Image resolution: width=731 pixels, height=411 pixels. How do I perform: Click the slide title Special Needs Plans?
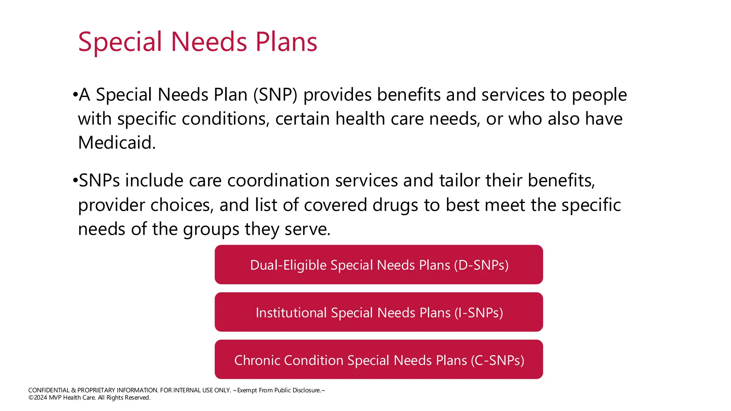click(197, 42)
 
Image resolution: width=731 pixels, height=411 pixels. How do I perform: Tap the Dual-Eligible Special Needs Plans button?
click(378, 265)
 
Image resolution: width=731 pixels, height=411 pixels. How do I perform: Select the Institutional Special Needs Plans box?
click(378, 312)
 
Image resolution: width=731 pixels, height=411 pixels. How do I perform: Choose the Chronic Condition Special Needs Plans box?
click(378, 360)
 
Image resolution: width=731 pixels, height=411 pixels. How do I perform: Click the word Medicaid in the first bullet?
click(116, 143)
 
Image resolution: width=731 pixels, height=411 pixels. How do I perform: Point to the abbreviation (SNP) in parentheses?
click(275, 95)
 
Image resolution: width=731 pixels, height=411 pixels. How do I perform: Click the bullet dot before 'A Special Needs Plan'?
click(75, 95)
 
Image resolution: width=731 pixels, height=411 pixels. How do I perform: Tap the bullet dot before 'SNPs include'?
click(75, 181)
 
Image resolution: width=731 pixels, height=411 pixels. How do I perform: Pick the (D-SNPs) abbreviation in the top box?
click(481, 265)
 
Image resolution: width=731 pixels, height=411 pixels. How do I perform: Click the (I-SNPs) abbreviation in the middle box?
click(479, 313)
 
